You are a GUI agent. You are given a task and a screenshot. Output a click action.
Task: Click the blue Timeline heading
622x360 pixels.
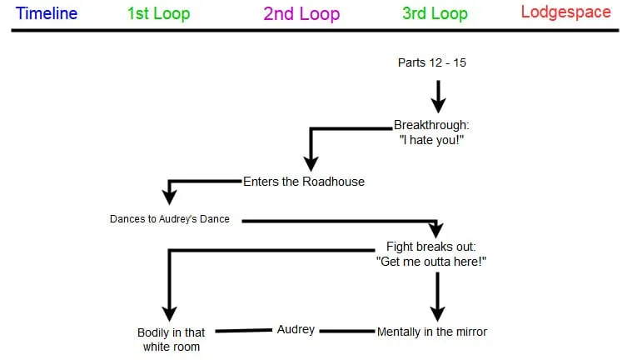pyautogui.click(x=47, y=13)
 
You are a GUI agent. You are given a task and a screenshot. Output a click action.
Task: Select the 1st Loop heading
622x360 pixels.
pyautogui.click(x=158, y=13)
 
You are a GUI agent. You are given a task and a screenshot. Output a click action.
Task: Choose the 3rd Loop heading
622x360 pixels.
pyautogui.click(x=435, y=13)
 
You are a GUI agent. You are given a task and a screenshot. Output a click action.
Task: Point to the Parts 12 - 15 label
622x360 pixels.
pyautogui.click(x=431, y=62)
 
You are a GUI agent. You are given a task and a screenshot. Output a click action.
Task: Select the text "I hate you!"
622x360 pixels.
pyautogui.click(x=432, y=139)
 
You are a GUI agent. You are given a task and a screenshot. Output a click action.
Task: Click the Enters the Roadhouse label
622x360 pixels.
pyautogui.click(x=304, y=181)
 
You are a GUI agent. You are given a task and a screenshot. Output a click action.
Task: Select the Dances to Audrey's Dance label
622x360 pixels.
pyautogui.click(x=170, y=219)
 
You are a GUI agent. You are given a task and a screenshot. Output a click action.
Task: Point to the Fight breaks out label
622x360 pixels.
pyautogui.click(x=430, y=247)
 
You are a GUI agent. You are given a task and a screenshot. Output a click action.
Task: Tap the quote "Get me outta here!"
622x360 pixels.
pyautogui.click(x=430, y=261)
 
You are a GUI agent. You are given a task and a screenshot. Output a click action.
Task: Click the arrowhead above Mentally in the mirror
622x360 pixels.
pyautogui.click(x=435, y=312)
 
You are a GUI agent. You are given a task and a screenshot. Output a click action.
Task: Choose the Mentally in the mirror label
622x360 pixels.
pyautogui.click(x=432, y=332)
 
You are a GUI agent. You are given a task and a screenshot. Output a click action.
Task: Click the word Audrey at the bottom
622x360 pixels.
pyautogui.click(x=296, y=329)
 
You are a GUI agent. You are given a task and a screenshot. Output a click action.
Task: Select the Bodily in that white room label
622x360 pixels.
pyautogui.click(x=172, y=339)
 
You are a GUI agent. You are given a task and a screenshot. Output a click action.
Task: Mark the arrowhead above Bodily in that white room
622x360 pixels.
pyautogui.click(x=170, y=312)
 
